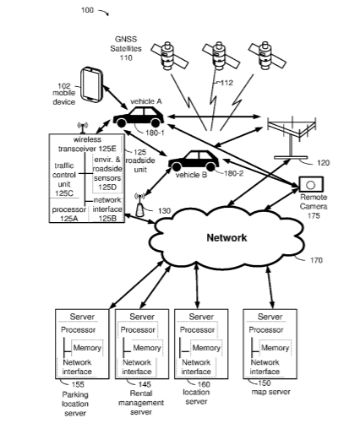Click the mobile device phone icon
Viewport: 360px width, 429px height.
91,84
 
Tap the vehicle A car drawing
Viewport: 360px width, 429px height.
139,117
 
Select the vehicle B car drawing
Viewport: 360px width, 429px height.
194,160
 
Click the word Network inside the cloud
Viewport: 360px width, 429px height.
226,237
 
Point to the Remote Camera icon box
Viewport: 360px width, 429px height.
311,185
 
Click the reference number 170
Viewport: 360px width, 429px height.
316,260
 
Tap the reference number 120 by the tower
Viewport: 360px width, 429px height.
323,163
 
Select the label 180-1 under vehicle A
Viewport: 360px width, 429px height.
155,133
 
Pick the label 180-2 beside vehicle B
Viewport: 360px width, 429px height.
233,173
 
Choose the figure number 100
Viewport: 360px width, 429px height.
87,10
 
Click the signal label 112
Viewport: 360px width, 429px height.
226,83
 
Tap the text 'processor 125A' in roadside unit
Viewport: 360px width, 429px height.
68,214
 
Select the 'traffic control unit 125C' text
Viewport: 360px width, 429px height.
64,179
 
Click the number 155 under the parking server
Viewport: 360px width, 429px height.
78,384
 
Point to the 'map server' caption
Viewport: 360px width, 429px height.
270,392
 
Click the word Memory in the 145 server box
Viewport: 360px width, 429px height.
147,348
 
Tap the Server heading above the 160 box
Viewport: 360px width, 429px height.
201,317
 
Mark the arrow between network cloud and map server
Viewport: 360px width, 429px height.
270,287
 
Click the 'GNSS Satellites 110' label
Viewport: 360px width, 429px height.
126,48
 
